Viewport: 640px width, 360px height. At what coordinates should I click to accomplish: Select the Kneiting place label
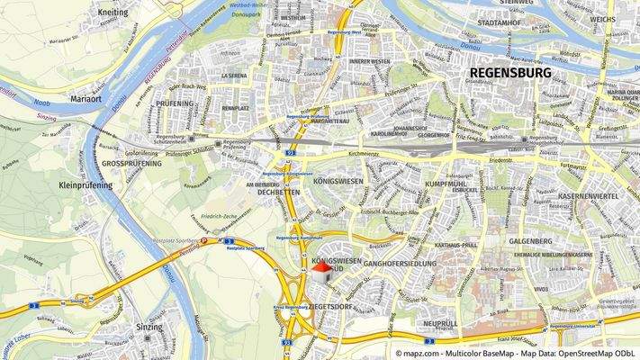pyautogui.click(x=110, y=13)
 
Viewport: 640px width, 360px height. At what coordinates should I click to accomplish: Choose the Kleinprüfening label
pyautogui.click(x=86, y=185)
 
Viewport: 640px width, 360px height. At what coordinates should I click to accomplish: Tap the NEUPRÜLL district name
pyautogui.click(x=440, y=322)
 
